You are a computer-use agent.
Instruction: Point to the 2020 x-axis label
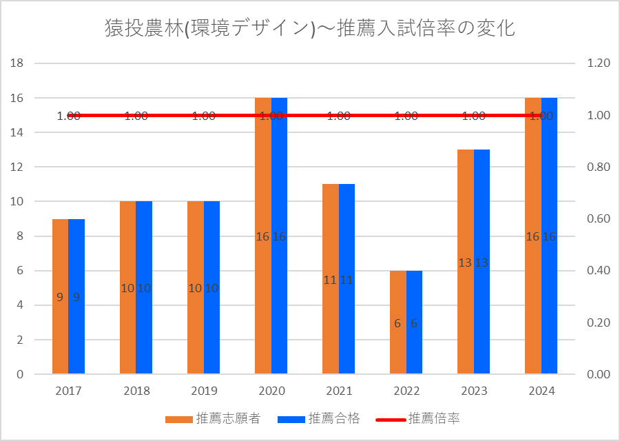click(271, 391)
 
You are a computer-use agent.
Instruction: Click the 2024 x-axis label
click(541, 391)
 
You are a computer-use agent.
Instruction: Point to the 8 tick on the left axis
click(21, 236)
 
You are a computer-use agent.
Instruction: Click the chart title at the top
click(310, 28)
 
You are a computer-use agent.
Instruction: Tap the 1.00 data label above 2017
click(69, 116)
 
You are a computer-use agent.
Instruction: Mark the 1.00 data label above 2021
click(339, 116)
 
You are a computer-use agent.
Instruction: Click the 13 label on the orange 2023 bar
click(465, 263)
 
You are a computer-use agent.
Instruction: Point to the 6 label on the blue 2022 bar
click(414, 323)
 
